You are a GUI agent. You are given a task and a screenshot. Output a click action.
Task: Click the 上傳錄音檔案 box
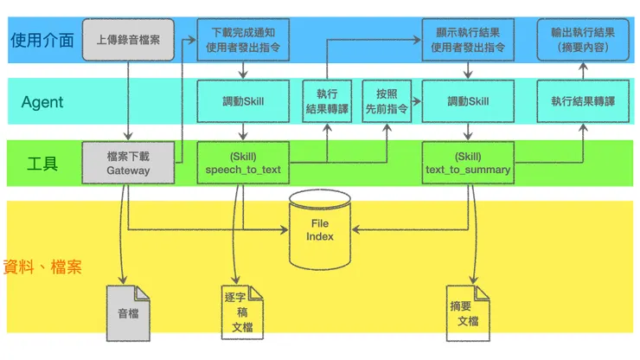click(128, 39)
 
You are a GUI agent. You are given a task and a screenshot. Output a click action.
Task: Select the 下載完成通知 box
click(242, 39)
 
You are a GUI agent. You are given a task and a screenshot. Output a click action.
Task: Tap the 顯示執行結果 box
click(468, 39)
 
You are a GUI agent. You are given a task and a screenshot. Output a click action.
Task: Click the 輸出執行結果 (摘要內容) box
click(583, 39)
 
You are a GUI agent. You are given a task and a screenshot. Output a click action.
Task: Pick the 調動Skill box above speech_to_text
click(242, 101)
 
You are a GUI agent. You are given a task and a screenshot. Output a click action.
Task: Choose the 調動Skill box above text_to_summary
click(468, 101)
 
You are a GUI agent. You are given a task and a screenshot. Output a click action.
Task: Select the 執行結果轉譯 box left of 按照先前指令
click(327, 101)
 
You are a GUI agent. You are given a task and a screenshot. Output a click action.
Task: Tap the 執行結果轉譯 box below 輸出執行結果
click(583, 101)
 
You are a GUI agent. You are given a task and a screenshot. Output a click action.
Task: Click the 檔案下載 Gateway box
click(128, 163)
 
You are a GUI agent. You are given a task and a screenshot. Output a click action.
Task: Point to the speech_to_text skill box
click(242, 163)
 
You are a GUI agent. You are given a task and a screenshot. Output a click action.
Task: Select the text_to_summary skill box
click(468, 163)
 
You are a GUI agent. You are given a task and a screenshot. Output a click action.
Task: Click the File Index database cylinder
click(321, 230)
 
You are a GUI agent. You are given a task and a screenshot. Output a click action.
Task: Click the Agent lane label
click(42, 102)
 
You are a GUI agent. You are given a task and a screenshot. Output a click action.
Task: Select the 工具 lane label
click(42, 163)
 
